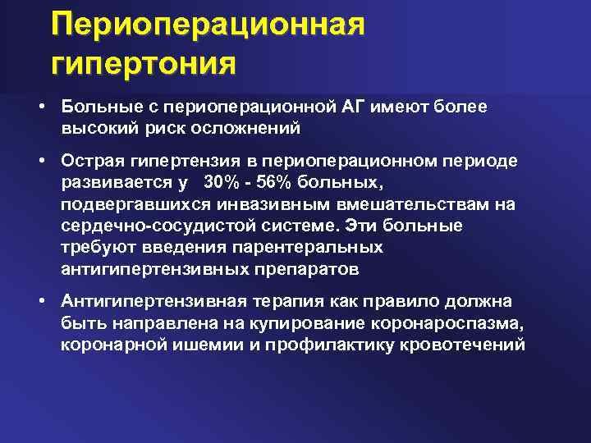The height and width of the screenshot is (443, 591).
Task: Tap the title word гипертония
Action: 143,62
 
